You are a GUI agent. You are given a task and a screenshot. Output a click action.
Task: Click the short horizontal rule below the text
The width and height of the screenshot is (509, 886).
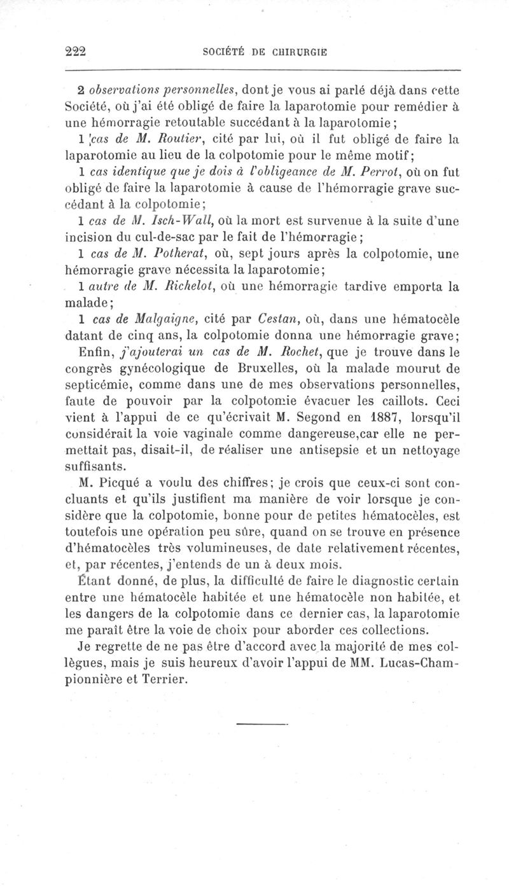click(261, 723)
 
